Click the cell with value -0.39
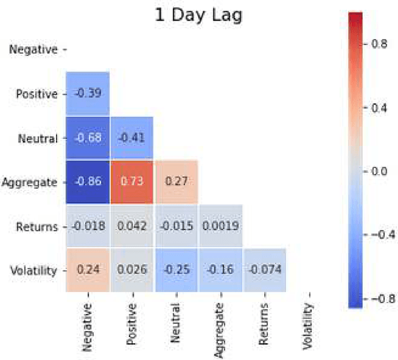(x=88, y=93)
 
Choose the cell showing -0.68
(x=88, y=137)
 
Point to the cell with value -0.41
(x=132, y=137)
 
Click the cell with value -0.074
(x=264, y=270)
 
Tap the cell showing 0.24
(x=88, y=270)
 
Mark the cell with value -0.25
(x=176, y=270)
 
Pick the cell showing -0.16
(x=220, y=270)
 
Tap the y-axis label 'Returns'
(x=36, y=226)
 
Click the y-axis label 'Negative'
(x=34, y=50)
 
